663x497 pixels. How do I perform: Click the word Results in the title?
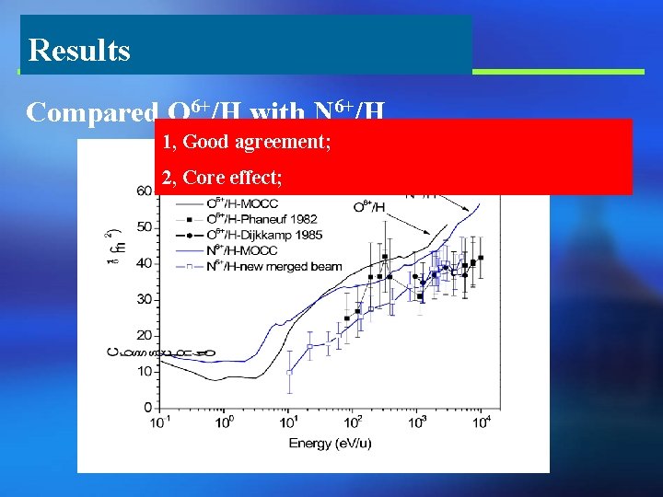click(x=79, y=50)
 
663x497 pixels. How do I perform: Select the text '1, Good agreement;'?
click(x=246, y=142)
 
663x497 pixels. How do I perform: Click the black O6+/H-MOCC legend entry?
click(x=246, y=202)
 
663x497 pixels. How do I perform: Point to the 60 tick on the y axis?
click(x=145, y=191)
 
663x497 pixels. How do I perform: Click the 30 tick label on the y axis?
click(x=145, y=299)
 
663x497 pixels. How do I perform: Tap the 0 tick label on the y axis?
click(x=148, y=407)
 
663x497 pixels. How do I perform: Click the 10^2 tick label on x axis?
click(x=353, y=422)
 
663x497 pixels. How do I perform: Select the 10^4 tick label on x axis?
click(x=481, y=422)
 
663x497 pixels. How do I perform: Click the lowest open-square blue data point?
click(x=289, y=372)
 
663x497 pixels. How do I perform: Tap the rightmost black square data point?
click(x=481, y=258)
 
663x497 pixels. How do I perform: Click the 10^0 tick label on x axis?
click(x=224, y=422)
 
